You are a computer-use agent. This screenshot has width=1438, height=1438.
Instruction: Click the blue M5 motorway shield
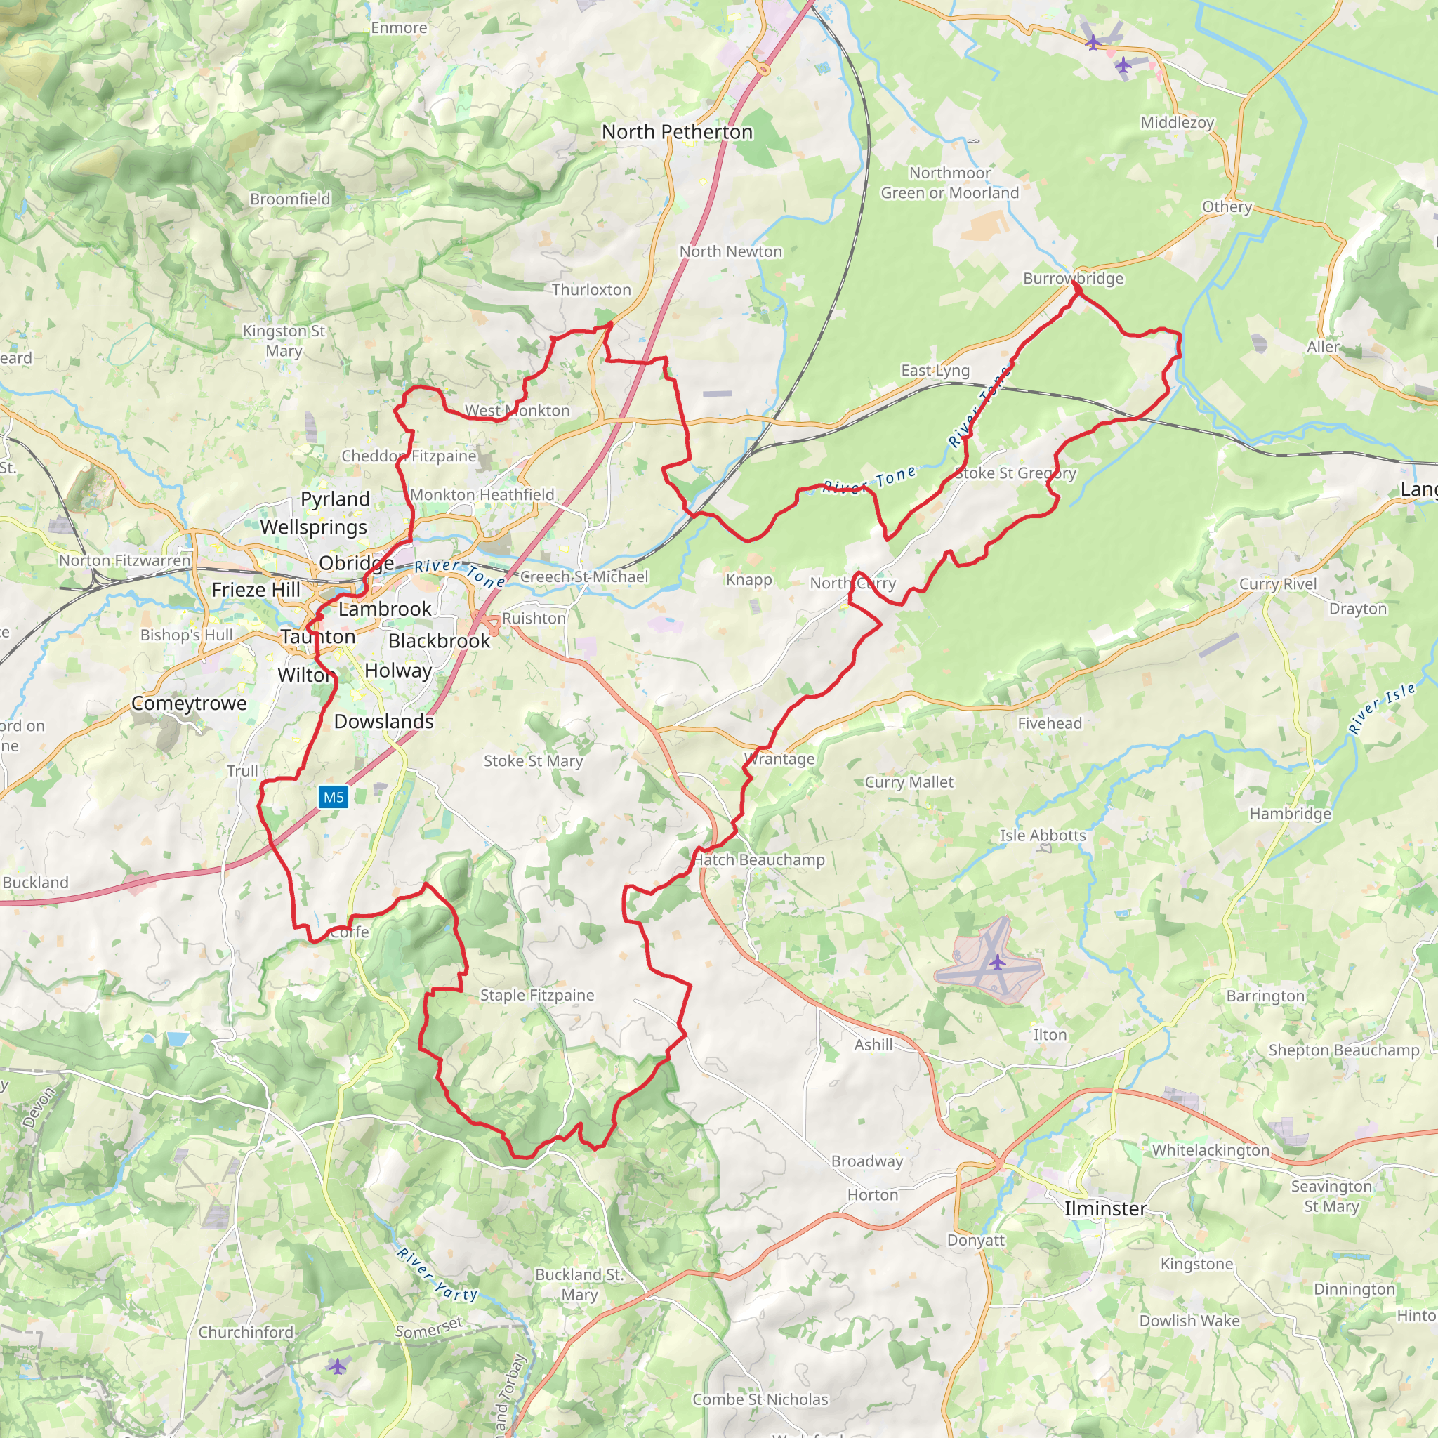click(x=334, y=797)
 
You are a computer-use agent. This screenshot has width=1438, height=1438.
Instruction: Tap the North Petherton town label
click(x=677, y=132)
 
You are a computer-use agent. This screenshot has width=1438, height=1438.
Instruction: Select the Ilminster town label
click(x=1104, y=1209)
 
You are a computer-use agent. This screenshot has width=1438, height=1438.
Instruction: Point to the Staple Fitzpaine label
click(x=536, y=995)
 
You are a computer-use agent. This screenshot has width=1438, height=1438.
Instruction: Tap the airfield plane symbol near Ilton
click(x=997, y=963)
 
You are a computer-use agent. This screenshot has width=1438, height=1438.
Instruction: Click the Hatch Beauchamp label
click(x=758, y=859)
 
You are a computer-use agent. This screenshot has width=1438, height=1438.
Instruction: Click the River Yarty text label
click(x=437, y=1274)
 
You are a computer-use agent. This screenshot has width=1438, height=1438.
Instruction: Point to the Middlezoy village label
click(x=1177, y=122)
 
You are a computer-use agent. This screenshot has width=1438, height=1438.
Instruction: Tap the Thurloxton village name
click(x=591, y=289)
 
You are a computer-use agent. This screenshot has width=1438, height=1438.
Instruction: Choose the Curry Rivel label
click(x=1277, y=583)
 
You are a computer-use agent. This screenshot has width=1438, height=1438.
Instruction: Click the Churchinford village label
click(x=246, y=1332)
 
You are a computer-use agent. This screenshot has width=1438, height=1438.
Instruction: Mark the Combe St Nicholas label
click(x=760, y=1399)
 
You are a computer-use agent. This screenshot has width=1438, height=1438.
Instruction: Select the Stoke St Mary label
click(x=533, y=760)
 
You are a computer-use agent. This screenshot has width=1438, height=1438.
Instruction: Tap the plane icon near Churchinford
click(x=337, y=1366)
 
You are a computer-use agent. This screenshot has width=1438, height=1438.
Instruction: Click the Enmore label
click(x=399, y=27)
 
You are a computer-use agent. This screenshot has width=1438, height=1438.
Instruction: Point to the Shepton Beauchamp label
click(x=1343, y=1050)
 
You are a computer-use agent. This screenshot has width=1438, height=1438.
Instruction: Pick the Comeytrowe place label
click(x=189, y=704)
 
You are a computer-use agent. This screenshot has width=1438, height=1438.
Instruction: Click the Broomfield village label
click(x=289, y=199)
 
